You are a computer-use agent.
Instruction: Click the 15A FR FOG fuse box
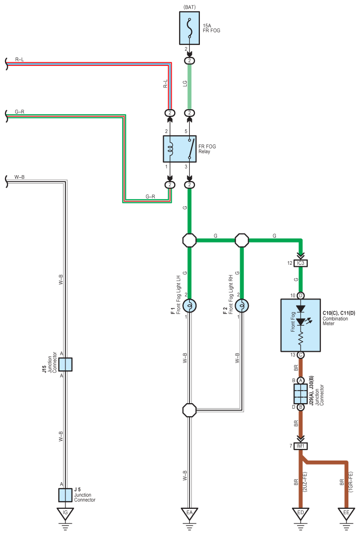click(189, 28)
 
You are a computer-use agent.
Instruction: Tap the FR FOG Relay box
click(179, 149)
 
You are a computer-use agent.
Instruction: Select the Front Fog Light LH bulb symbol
click(189, 305)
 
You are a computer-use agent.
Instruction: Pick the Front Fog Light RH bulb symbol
click(242, 305)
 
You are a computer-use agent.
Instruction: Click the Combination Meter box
click(300, 325)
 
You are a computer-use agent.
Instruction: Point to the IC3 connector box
click(301, 263)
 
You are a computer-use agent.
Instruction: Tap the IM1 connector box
click(301, 446)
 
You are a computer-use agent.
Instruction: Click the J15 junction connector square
click(65, 364)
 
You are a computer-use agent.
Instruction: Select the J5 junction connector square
click(65, 495)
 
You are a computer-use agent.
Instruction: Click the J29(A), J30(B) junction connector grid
click(301, 394)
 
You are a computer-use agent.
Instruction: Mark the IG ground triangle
click(65, 514)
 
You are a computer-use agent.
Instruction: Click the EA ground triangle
click(189, 514)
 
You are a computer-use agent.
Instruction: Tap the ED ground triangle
click(301, 514)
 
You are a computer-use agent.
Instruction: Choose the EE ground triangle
click(346, 514)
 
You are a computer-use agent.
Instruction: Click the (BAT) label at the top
click(189, 7)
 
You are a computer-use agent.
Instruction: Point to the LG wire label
click(185, 83)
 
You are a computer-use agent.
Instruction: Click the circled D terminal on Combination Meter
click(301, 295)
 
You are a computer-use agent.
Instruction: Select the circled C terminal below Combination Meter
click(301, 355)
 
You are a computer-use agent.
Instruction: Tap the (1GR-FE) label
click(351, 482)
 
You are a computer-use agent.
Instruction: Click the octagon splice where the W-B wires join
click(189, 410)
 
